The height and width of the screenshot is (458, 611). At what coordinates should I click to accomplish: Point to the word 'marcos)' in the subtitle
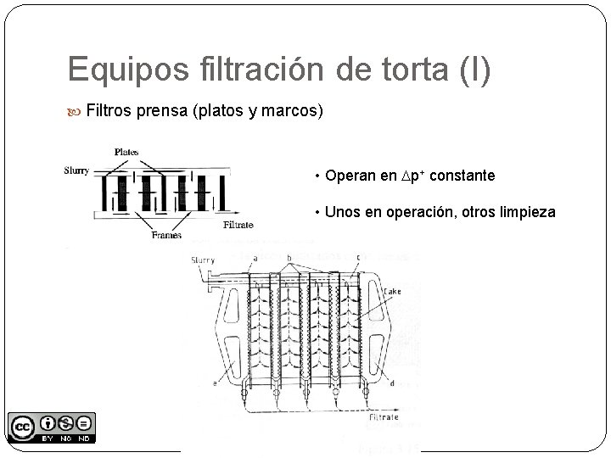pos(294,111)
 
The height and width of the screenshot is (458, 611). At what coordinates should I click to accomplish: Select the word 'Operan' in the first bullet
pos(350,176)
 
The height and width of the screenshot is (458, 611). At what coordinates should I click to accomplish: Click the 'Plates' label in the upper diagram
pos(126,153)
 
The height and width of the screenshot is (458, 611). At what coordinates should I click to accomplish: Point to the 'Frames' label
pos(167,235)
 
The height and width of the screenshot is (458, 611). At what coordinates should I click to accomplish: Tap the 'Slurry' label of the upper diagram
pos(76,170)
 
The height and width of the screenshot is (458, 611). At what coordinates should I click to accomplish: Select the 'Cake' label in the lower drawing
pos(392,292)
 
